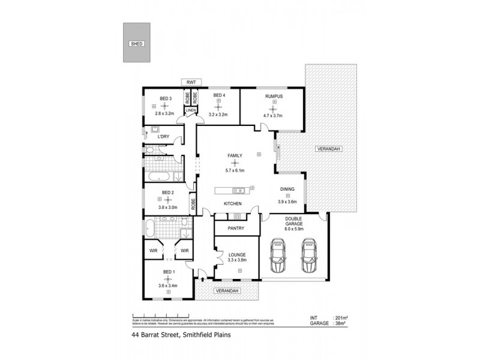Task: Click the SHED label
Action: click(136, 44)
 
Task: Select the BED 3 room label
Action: click(166, 98)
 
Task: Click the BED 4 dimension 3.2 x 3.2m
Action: click(218, 113)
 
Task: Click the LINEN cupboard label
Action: click(190, 110)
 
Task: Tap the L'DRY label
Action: click(163, 137)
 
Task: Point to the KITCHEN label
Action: click(232, 204)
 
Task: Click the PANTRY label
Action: click(236, 228)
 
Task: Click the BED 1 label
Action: click(169, 272)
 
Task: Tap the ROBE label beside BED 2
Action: click(193, 202)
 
